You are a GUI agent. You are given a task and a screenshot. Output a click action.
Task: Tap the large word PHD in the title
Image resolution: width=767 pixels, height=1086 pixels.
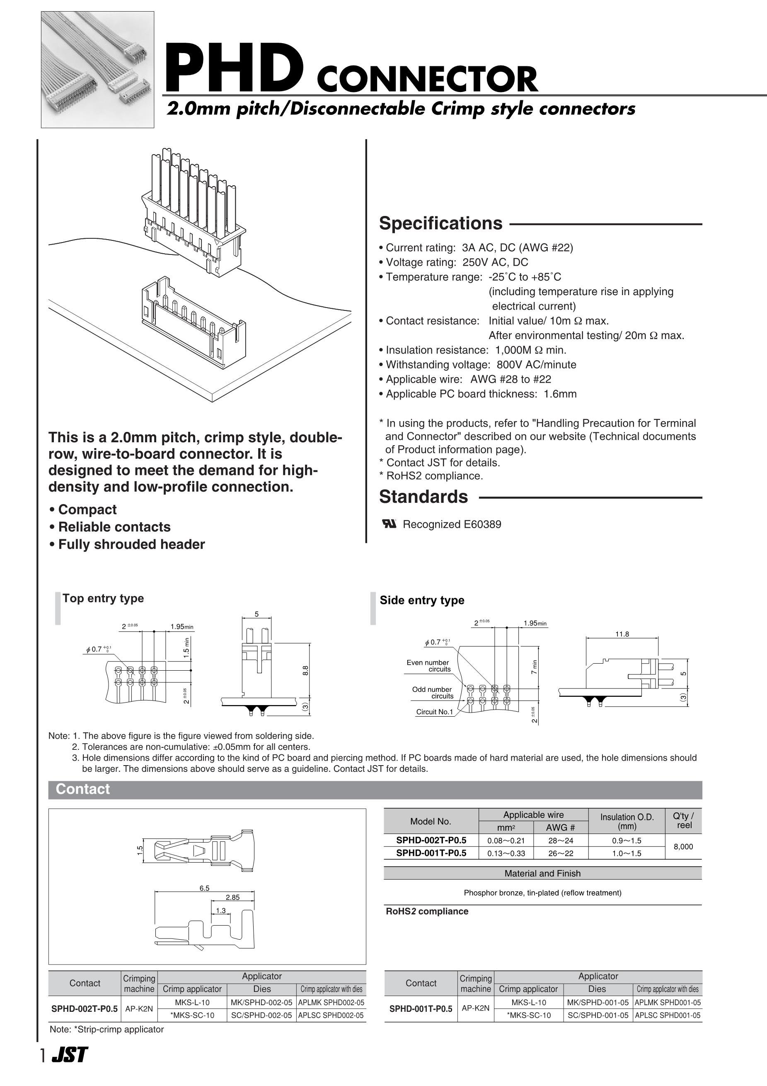(234, 68)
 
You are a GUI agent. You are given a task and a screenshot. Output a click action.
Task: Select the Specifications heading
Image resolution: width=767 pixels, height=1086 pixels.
(441, 223)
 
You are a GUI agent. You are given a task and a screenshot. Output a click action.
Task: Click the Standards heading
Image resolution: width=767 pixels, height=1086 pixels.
(423, 497)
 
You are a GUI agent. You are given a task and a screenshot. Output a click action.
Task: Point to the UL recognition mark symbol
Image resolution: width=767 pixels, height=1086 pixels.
(389, 524)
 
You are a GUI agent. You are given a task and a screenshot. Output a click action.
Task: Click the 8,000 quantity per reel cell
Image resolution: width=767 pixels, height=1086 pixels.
(683, 847)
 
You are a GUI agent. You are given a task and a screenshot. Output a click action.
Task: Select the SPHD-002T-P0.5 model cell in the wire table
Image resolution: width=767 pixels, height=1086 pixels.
(431, 841)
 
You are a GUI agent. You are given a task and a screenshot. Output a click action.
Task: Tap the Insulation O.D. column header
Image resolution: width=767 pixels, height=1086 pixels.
(627, 822)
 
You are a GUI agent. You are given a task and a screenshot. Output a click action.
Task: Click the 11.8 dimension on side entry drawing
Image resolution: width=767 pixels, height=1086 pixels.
(622, 634)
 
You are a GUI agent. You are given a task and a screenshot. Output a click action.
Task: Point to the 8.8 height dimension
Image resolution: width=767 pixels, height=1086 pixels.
(305, 670)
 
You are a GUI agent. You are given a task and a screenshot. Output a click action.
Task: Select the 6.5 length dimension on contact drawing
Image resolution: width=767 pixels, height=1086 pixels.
(204, 888)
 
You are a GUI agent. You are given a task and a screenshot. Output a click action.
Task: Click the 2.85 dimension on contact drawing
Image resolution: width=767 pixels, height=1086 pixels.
(232, 897)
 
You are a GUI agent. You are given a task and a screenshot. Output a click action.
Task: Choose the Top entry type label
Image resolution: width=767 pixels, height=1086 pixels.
(103, 599)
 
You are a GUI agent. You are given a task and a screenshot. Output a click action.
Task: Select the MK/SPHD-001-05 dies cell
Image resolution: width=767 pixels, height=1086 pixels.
(598, 1002)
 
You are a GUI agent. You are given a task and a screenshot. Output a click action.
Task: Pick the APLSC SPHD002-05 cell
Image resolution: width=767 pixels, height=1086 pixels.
(331, 1015)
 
